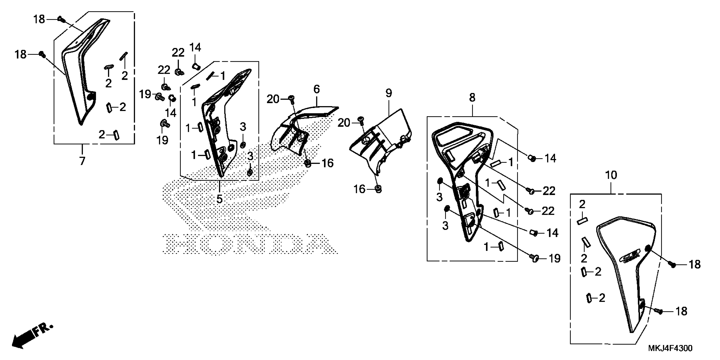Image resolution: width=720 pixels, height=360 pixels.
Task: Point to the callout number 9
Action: click(389, 93)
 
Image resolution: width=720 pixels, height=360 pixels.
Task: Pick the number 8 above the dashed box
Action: click(472, 98)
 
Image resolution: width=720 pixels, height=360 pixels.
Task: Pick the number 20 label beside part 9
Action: click(344, 123)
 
